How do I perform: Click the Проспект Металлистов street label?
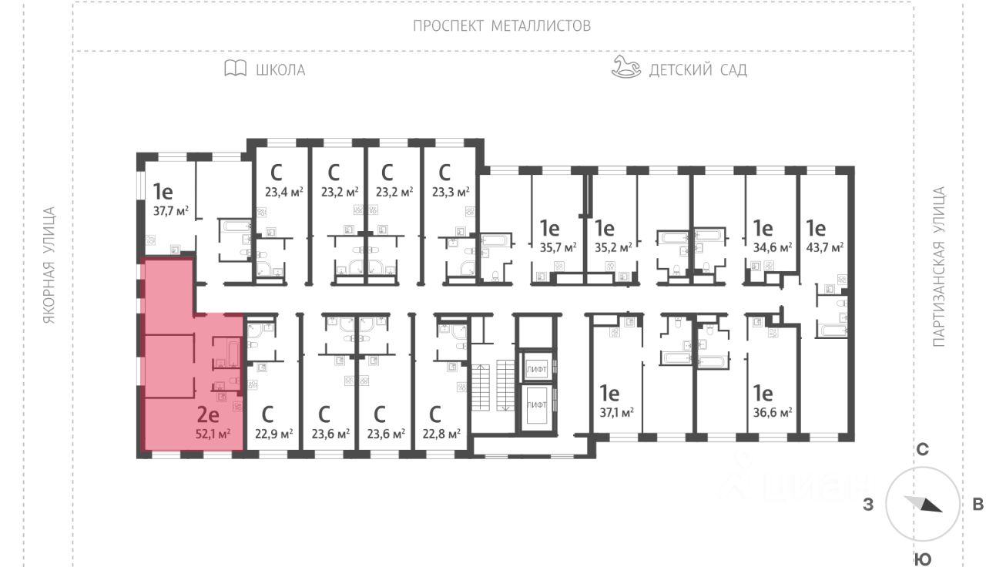coord(501,26)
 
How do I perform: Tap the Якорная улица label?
coord(49,266)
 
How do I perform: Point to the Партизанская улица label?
coord(939,267)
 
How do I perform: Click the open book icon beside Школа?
coord(236,69)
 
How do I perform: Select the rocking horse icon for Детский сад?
coord(626,67)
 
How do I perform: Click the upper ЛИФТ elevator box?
coord(537,369)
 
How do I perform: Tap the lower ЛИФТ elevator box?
coord(537,404)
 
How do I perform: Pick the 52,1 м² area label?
coord(213,434)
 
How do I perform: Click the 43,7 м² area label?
coord(824,247)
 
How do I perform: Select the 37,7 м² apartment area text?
coord(171,211)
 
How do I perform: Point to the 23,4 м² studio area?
coord(284,192)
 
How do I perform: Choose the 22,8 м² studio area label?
coord(441,434)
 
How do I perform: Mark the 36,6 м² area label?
coord(773,412)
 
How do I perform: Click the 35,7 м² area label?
coord(558,247)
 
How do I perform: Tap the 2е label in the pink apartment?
coord(208,414)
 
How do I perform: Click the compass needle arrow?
coord(923,504)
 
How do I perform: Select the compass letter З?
coord(868,505)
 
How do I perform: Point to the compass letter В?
coord(978,505)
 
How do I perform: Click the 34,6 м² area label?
coord(773,247)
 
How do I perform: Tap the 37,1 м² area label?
coord(617,412)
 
